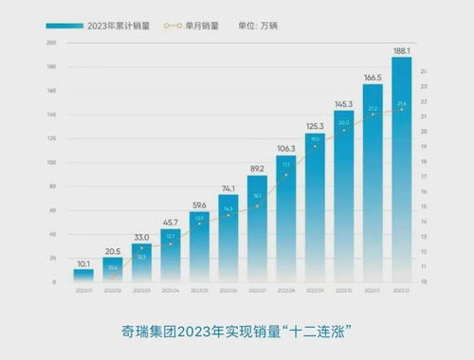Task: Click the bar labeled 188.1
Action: [400, 171]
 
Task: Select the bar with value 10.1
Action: [83, 276]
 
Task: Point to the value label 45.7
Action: [170, 222]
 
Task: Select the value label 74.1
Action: [228, 189]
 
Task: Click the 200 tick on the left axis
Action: [51, 44]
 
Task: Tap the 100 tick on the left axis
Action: [51, 163]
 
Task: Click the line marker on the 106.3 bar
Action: [285, 174]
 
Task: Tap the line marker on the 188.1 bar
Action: [400, 109]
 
